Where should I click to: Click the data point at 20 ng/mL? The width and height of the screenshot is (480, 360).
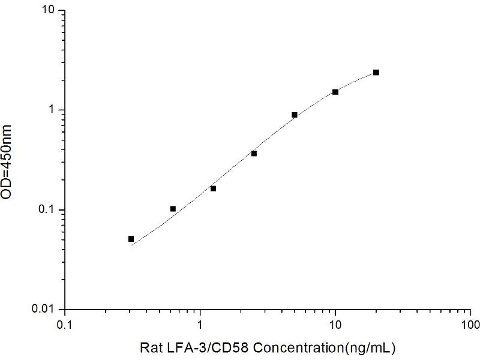coord(376,72)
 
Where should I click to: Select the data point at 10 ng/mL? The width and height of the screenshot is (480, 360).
coord(335,92)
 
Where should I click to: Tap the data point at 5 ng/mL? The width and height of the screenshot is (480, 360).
coord(295,115)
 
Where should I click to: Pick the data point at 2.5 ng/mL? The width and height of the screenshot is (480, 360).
coord(254,154)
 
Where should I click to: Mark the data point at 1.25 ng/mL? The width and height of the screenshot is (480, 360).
coord(213,188)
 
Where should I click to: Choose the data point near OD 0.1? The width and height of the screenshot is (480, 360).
coord(173,209)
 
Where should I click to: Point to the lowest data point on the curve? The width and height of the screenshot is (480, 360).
coord(131,239)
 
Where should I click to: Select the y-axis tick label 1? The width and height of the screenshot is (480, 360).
coord(53,110)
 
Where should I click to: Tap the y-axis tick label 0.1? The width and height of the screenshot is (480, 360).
coord(49,210)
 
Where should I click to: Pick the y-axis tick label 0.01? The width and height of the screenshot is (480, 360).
coord(46,310)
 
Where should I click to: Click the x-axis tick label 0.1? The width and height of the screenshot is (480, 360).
coord(65,324)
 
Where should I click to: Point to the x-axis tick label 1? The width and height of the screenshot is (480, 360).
coord(200,324)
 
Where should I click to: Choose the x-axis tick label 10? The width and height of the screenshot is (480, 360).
coord(335,324)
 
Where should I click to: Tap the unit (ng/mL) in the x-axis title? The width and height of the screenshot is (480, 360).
coord(367,347)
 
